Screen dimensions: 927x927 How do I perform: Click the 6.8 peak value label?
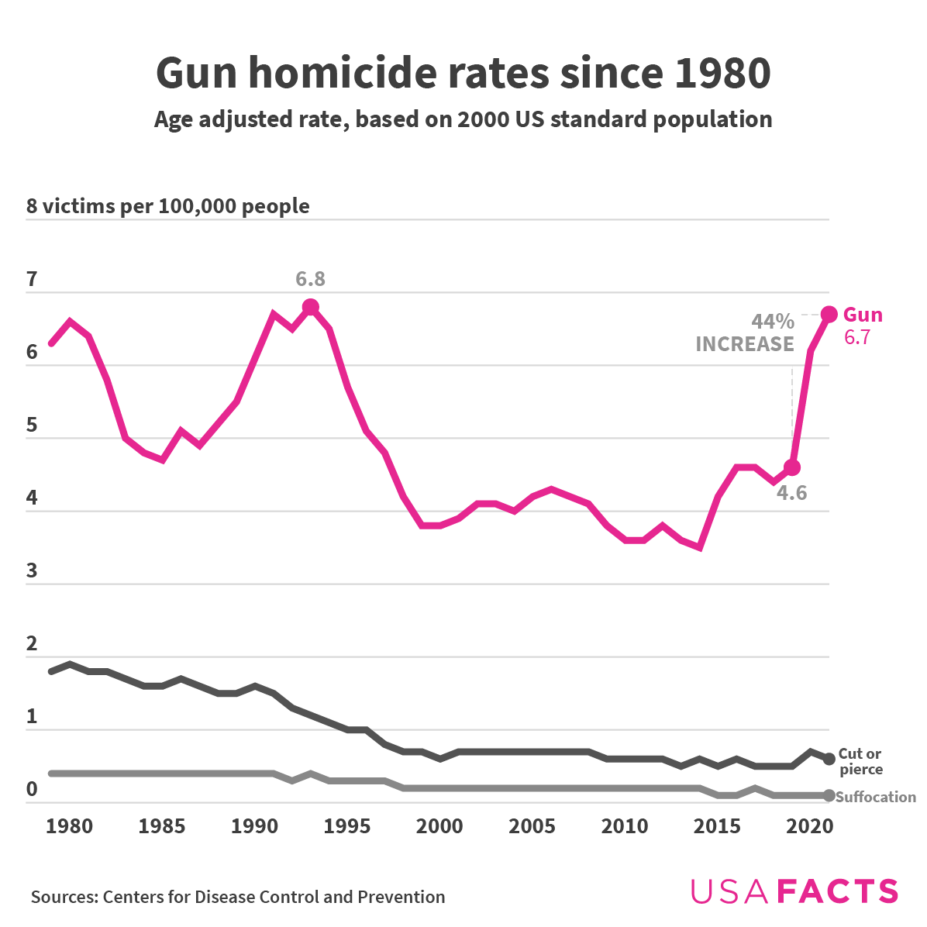coord(310,279)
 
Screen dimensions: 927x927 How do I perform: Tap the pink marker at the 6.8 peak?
coord(311,307)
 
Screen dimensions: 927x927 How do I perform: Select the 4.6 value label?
coord(791,493)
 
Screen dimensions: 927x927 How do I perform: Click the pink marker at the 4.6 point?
coord(791,467)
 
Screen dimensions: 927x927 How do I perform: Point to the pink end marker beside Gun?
coord(829,314)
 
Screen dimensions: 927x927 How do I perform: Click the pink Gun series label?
coord(863,315)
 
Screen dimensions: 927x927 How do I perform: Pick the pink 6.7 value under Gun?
coord(856,337)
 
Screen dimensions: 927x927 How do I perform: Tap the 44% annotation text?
coord(772,322)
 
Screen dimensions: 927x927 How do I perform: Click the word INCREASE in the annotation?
coord(745,344)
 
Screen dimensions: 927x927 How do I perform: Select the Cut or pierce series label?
coord(860,761)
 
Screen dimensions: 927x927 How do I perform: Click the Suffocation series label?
coord(876,797)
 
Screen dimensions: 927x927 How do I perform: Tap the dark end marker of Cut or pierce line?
coord(829,759)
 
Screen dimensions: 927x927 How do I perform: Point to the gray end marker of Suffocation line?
coord(829,796)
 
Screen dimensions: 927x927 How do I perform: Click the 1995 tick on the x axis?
coord(346,826)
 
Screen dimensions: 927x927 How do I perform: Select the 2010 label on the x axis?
coord(625,826)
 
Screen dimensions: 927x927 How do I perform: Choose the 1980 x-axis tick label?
coord(69,826)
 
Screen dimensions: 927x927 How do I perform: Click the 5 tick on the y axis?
coord(32,426)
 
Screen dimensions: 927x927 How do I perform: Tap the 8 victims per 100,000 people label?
coord(168,206)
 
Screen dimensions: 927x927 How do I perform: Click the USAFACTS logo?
coord(794,891)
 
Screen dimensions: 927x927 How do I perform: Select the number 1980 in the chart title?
coord(722,73)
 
